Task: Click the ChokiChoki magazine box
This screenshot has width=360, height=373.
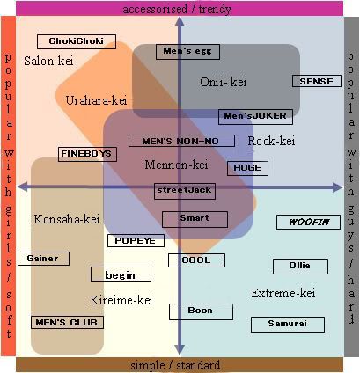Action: coord(77,41)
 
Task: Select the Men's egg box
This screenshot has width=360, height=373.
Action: coord(187,52)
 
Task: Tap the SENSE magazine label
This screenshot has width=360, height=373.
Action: coord(317,81)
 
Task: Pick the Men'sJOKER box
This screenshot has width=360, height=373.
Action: coord(255,117)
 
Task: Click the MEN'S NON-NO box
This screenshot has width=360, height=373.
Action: coord(181,141)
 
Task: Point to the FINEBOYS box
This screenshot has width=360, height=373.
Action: coord(87,154)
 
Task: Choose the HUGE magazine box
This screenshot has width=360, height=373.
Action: coord(247,168)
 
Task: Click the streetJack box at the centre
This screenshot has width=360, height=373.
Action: coord(185,191)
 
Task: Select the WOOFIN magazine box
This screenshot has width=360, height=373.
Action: coord(308,222)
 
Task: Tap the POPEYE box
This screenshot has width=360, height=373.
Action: coord(136,240)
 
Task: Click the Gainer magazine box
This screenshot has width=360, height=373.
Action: coord(43,259)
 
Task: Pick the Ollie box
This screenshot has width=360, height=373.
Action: coord(300,267)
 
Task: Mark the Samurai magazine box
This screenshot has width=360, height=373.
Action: coord(288,324)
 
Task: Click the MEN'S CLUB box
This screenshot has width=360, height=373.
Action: coord(67,322)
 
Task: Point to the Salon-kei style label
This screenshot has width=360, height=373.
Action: coord(48,61)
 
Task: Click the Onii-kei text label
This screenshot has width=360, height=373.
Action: coord(224,82)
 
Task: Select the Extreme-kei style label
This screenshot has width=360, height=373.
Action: coord(283,293)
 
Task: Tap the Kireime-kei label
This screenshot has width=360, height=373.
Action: coord(121,300)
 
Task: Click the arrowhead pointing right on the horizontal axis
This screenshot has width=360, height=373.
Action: coord(337,187)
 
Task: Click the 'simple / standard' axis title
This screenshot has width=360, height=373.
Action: coord(175,365)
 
